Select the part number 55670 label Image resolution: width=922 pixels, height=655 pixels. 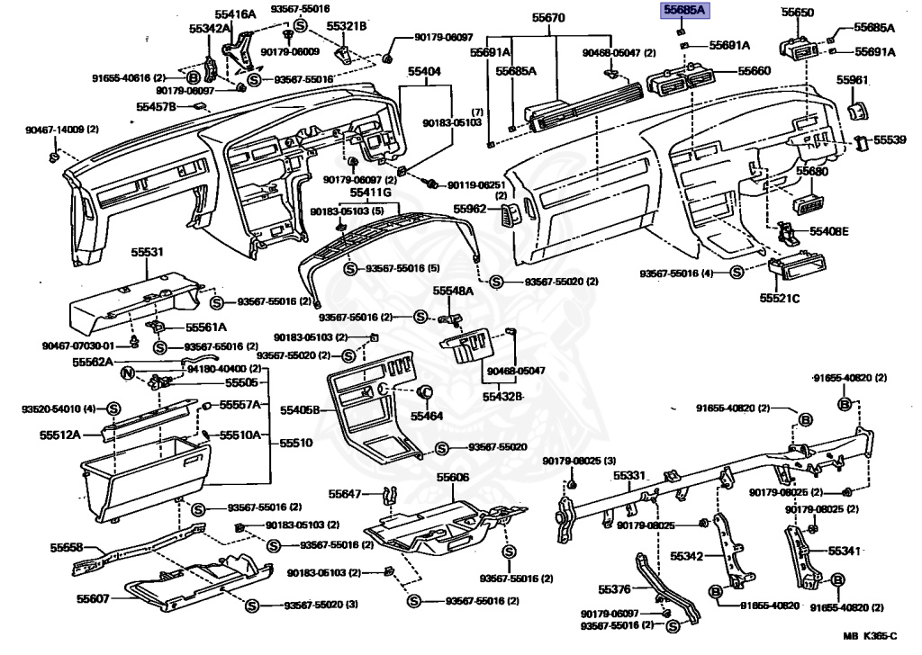(x=548, y=18)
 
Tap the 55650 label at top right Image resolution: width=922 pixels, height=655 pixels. (x=797, y=13)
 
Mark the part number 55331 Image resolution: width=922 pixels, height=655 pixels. (x=630, y=475)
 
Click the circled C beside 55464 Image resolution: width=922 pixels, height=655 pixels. (x=426, y=391)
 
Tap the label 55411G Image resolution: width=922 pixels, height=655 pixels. (x=371, y=194)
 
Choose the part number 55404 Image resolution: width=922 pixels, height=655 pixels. (x=424, y=70)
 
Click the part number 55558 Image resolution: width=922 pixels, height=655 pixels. (x=67, y=547)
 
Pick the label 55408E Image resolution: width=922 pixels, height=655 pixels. (x=828, y=231)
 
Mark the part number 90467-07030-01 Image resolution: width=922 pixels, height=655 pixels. (x=78, y=346)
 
